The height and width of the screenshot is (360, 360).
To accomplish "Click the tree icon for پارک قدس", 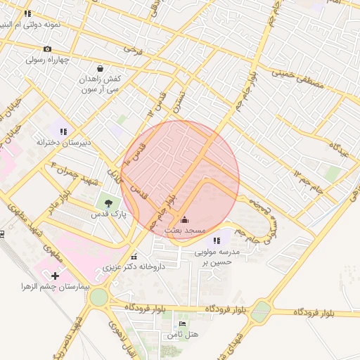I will pyautogui.click(x=107, y=203).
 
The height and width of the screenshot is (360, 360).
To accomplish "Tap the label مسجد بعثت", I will pyautogui.click(x=185, y=231).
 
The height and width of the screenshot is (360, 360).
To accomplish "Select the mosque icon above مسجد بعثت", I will pyautogui.click(x=185, y=220).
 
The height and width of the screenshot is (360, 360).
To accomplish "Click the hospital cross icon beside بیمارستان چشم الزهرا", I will pyautogui.click(x=56, y=276).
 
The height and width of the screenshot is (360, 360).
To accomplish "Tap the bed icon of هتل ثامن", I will pyautogui.click(x=183, y=324).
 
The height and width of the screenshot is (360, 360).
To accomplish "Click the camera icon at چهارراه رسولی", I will pyautogui.click(x=47, y=49).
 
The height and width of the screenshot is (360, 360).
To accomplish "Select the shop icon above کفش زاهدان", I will pyautogui.click(x=100, y=69).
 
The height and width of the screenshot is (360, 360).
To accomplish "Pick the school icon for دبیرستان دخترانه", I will pyautogui.click(x=63, y=131).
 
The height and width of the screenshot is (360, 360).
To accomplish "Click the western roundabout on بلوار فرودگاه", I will pyautogui.click(x=98, y=298).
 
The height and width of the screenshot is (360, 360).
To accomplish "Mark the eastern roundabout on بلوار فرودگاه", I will pyautogui.click(x=261, y=309).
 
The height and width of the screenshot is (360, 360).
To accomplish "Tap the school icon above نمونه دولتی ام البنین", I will pyautogui.click(x=27, y=13).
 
